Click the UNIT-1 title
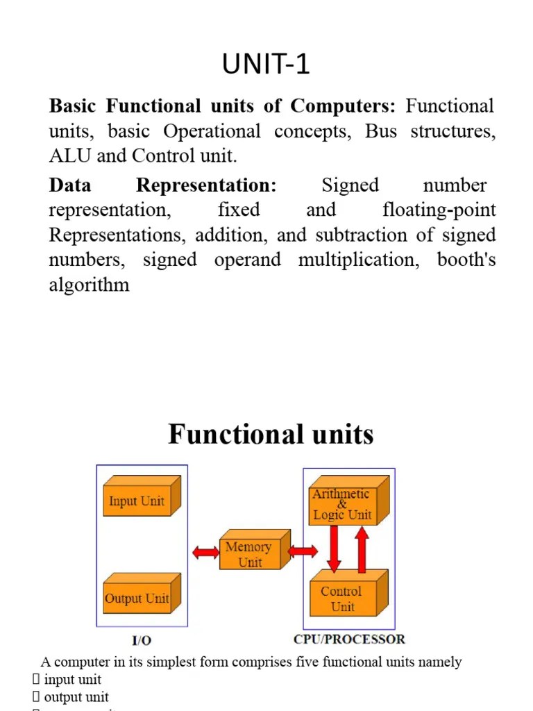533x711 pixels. (266, 65)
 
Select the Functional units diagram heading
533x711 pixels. (271, 435)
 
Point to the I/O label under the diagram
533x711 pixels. (142, 640)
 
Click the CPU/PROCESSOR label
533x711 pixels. (349, 639)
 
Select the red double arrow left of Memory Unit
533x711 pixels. (205, 553)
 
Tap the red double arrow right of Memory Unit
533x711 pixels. (302, 552)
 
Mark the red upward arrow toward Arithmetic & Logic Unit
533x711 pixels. (362, 547)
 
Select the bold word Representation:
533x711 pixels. (206, 185)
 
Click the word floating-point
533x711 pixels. (439, 210)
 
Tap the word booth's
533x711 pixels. (466, 260)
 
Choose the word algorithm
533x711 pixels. (89, 285)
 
